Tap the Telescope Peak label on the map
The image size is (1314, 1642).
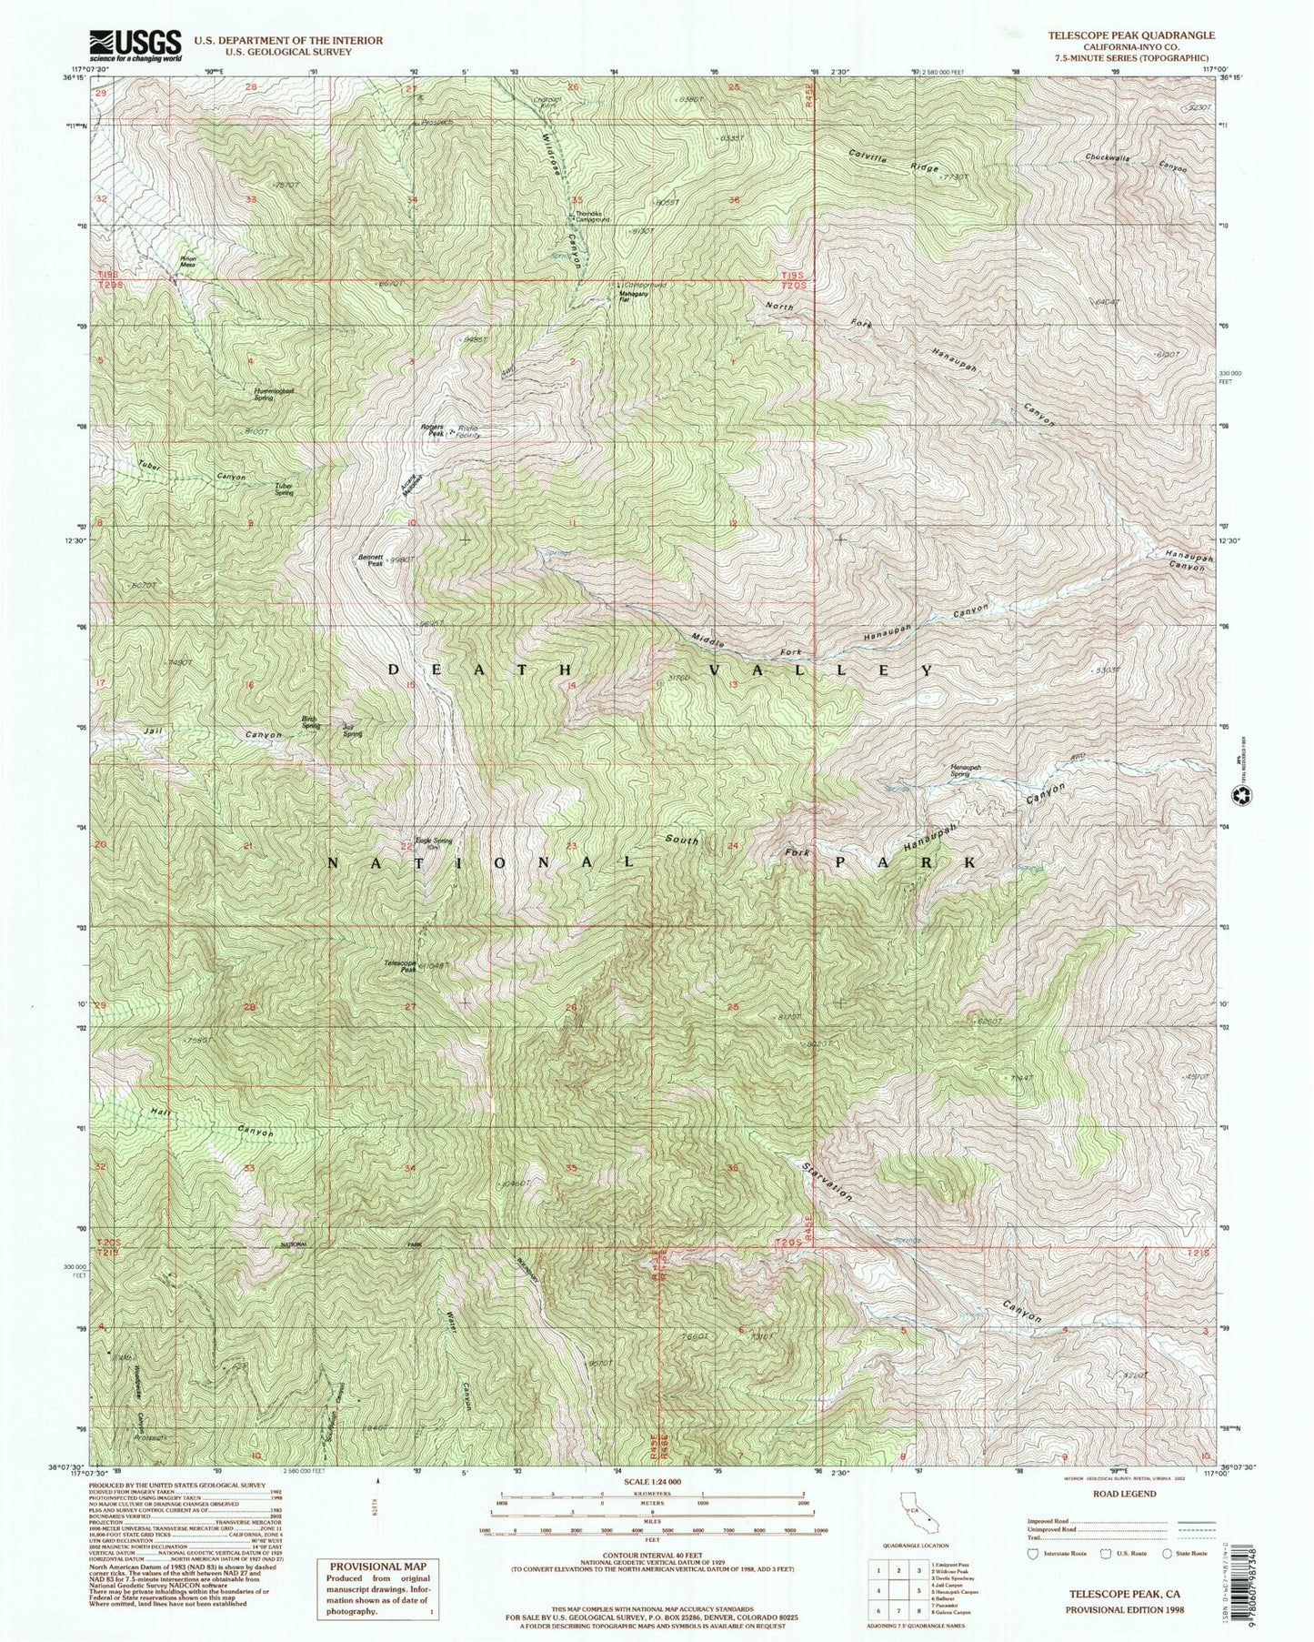point(401,966)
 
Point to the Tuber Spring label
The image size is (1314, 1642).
point(284,488)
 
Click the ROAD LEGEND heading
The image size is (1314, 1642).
point(1130,1494)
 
